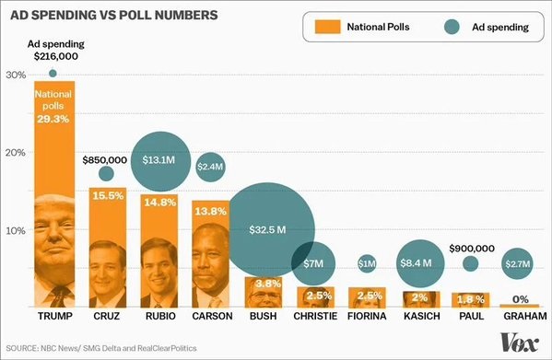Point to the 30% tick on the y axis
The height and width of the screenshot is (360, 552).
(14, 75)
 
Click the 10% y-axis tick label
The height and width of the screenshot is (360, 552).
(14, 230)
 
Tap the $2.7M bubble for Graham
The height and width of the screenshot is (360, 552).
(518, 264)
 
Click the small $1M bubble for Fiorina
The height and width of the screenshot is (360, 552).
(367, 264)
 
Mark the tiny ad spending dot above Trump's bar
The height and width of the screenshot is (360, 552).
(53, 74)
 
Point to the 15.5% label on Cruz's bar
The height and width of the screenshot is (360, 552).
(107, 196)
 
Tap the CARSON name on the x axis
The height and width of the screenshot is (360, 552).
(211, 316)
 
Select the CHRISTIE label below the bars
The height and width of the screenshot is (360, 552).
(315, 316)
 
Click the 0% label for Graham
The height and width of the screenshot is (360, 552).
(520, 297)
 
